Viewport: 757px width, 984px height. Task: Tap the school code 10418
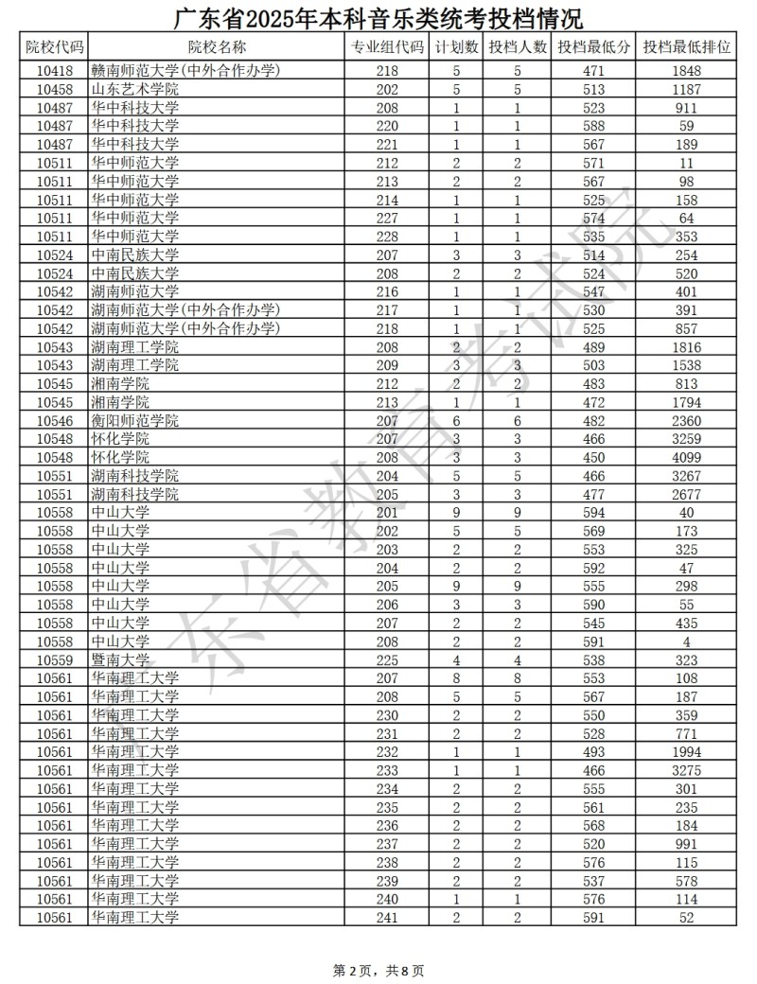[x=54, y=71]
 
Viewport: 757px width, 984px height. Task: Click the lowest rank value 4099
[x=687, y=457]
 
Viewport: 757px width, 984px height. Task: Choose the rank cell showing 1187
[x=687, y=89]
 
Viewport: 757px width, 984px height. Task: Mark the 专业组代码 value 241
[x=387, y=917]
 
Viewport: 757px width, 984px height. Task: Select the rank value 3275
[x=687, y=770]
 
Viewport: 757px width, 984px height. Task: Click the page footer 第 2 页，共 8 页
[x=378, y=970]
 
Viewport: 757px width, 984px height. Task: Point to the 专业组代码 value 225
[x=387, y=659]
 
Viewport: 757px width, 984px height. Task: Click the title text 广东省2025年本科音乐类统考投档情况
[x=378, y=16]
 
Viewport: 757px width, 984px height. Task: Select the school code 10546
[x=54, y=420]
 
